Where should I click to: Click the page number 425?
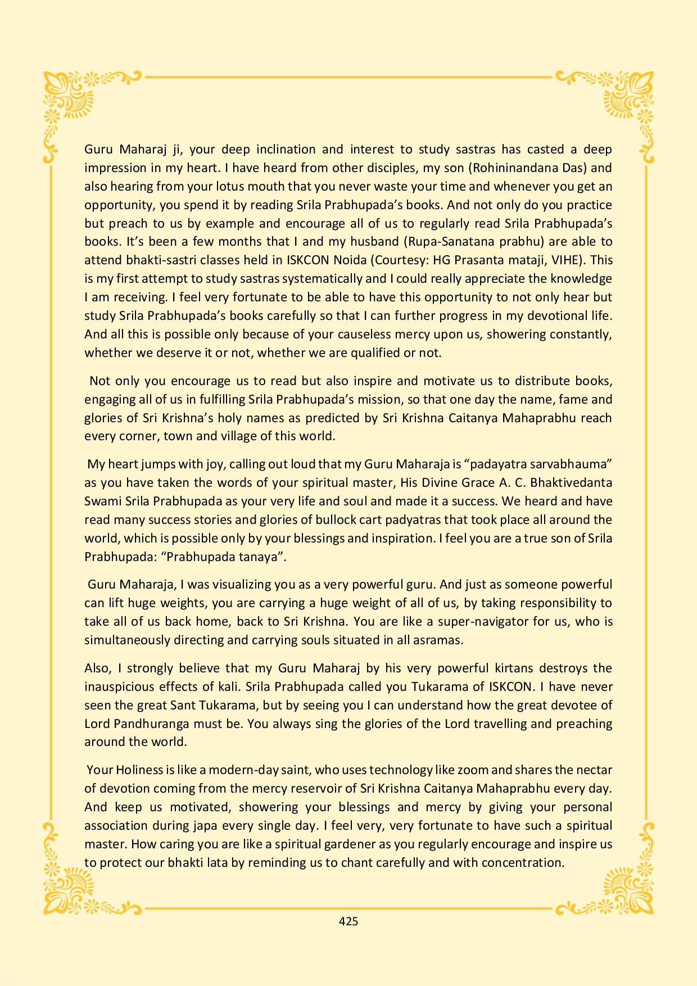pos(348,921)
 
